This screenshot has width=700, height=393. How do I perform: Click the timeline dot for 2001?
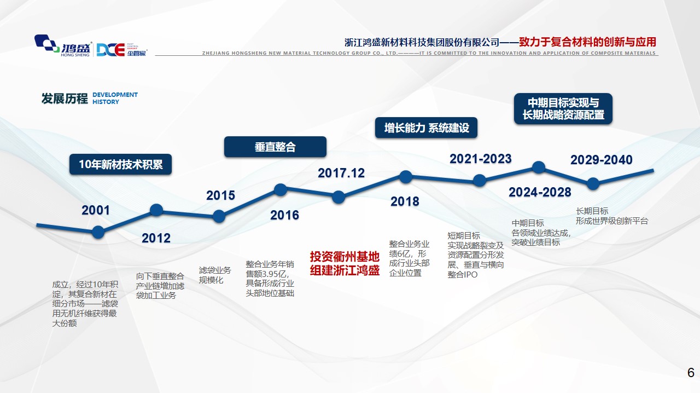98,232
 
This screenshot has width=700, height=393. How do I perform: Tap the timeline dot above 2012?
156,210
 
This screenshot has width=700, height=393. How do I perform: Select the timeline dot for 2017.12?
339,197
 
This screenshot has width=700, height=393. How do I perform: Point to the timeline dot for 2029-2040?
593,184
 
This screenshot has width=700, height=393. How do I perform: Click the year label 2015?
220,195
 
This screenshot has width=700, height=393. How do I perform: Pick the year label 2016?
284,215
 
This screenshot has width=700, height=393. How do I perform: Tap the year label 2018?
405,201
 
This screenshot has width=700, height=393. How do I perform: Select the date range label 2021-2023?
480,159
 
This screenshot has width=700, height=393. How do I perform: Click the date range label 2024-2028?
540,192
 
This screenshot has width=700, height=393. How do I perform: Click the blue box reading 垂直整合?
275,147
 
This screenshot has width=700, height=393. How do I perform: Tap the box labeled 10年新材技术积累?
121,164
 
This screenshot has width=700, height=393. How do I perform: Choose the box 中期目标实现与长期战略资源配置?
563,108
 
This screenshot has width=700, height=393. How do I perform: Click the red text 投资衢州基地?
345,257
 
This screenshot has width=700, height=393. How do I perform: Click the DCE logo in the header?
122,49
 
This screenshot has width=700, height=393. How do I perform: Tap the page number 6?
691,373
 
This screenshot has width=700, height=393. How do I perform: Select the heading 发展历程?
65,99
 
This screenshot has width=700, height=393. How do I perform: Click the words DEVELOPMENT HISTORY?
115,99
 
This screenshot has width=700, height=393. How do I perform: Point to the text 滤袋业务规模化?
215,275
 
